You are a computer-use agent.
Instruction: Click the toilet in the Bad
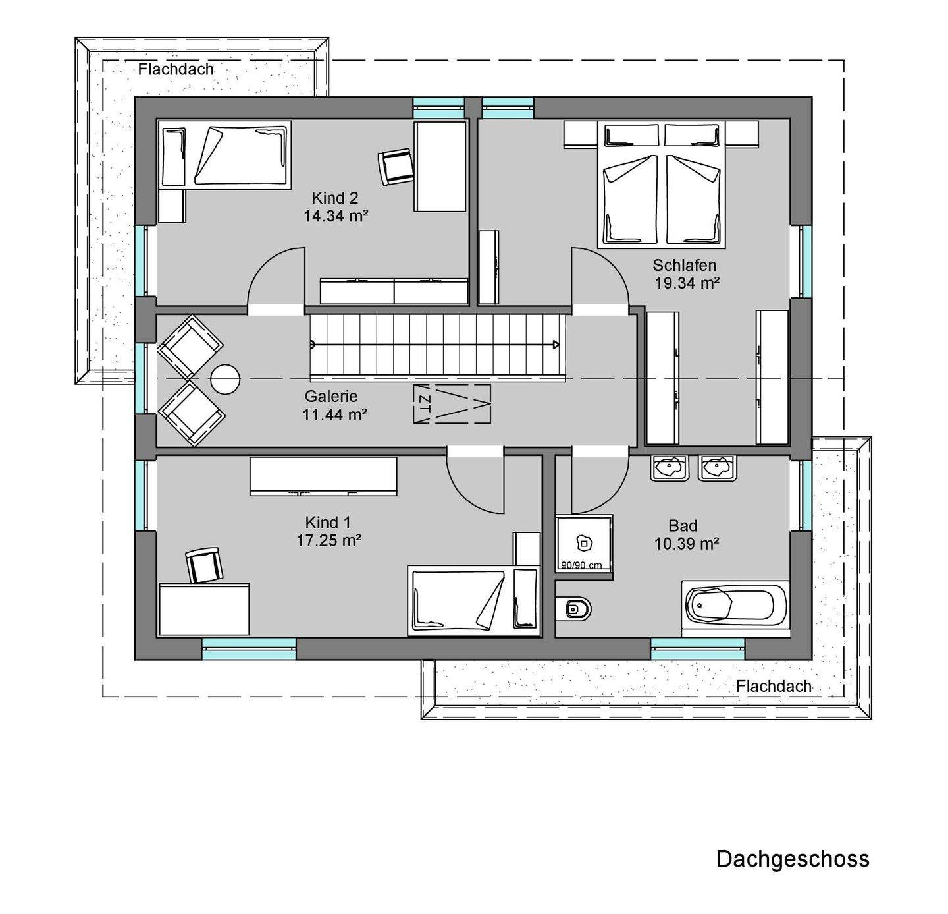tap(574, 608)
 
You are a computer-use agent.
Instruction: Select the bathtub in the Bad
tap(735, 608)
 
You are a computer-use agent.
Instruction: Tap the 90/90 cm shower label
tap(581, 566)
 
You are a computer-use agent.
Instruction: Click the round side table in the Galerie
tap(225, 379)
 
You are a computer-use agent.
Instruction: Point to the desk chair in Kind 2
tap(396, 166)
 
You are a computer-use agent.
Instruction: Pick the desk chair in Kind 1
tap(205, 565)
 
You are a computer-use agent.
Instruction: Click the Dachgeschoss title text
tap(793, 859)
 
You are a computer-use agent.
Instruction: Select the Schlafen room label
tap(685, 266)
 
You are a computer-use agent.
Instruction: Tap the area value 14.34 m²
tap(336, 215)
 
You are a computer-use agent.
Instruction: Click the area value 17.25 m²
tap(329, 540)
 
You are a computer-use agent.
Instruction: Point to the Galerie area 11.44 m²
tap(334, 414)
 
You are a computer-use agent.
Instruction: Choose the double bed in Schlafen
tap(662, 185)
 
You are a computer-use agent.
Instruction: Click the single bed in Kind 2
tap(225, 155)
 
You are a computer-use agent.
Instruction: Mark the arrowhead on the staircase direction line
tap(556, 345)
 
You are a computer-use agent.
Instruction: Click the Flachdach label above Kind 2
tap(175, 69)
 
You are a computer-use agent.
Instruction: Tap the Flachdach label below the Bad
tap(774, 686)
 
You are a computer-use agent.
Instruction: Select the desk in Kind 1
tap(204, 609)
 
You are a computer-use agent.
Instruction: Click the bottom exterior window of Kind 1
tap(249, 648)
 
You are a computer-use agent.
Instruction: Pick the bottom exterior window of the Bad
tap(698, 648)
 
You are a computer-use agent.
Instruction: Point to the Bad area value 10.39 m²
tap(687, 544)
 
